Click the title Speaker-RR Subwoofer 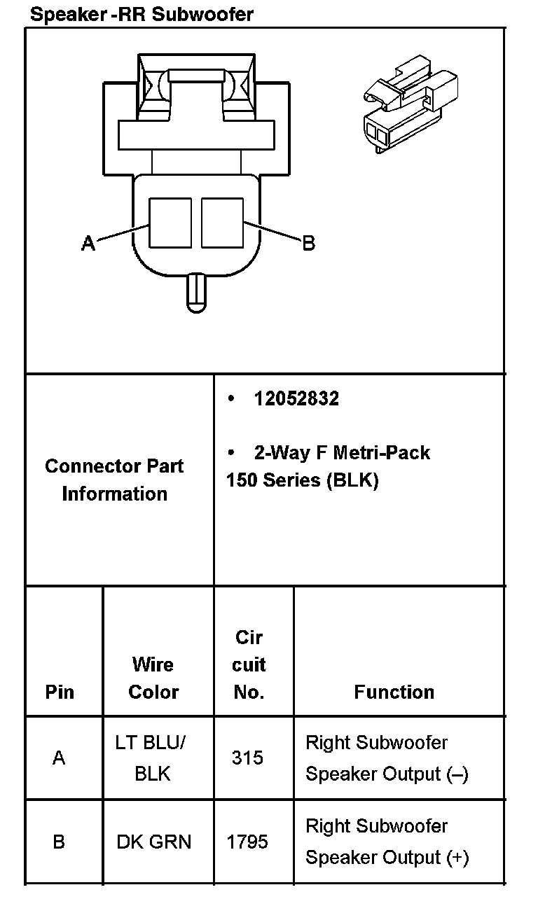point(142,14)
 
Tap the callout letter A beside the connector point(88,243)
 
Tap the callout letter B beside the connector point(308,243)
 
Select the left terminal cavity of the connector point(171,222)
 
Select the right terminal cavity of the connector point(222,222)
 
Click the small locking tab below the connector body point(197,293)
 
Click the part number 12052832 point(296,398)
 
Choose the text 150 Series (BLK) point(302,482)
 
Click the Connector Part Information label point(114,480)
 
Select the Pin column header point(60,692)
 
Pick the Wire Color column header point(153,678)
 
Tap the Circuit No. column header point(249,664)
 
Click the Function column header point(394,692)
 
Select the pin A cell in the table point(60,758)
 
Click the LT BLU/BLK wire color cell point(153,758)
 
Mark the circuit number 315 point(247,758)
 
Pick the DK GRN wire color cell point(153,841)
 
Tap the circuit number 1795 point(247,841)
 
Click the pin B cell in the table point(60,841)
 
